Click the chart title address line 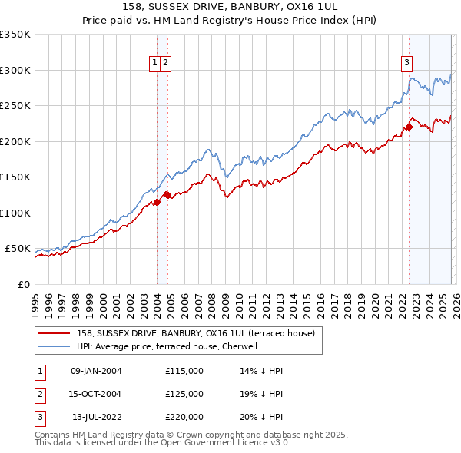[x=230, y=6]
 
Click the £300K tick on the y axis [x=15, y=70]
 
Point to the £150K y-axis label [x=15, y=177]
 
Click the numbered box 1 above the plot [x=155, y=63]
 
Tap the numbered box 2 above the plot [x=165, y=63]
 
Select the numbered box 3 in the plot [x=406, y=63]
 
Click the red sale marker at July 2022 [x=409, y=127]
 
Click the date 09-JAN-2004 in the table [x=96, y=371]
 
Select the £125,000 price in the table [x=184, y=394]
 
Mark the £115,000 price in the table [x=184, y=371]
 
